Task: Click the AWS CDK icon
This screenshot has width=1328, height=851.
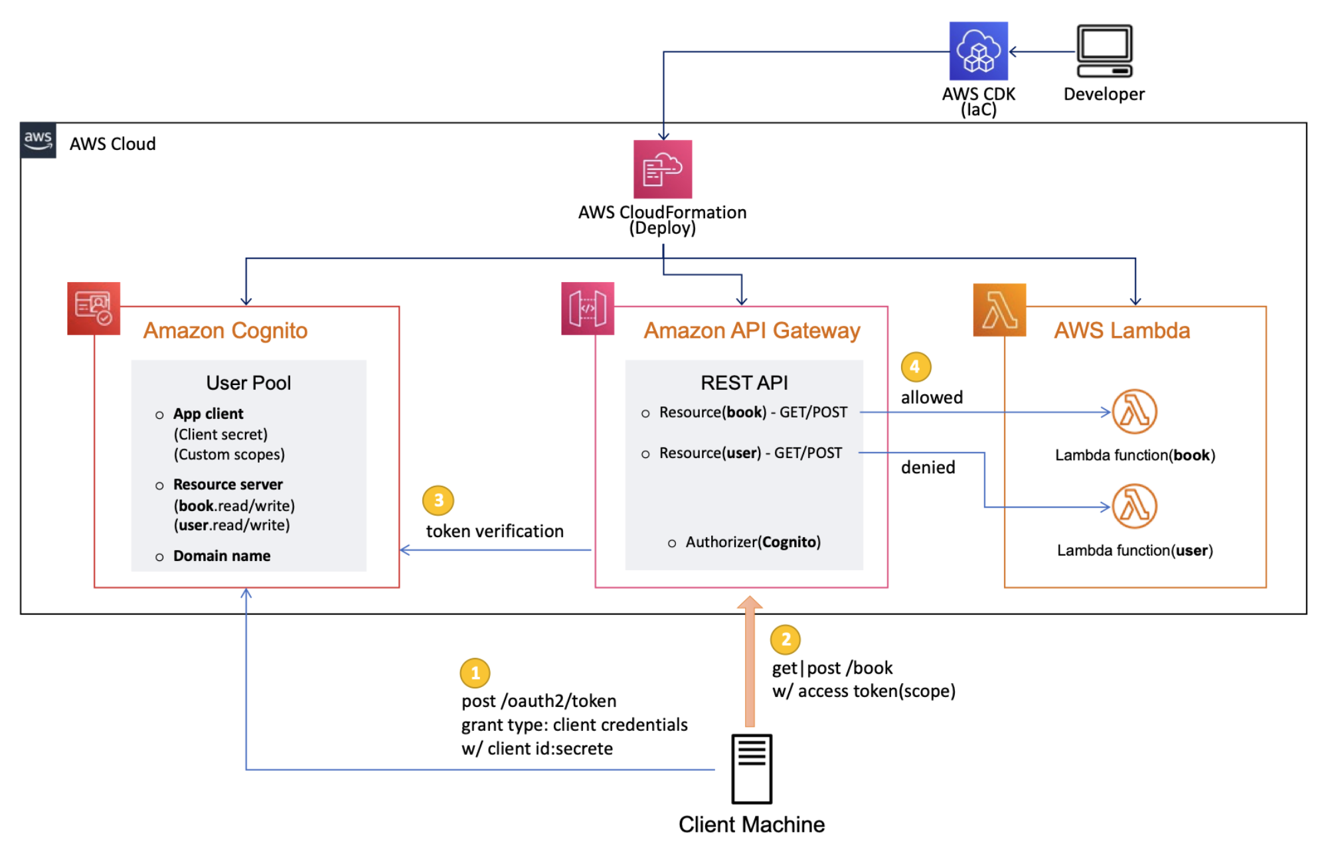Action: tap(978, 51)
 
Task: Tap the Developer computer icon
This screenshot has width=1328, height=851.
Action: tap(1104, 51)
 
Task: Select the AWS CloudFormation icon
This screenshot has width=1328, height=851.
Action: tap(662, 169)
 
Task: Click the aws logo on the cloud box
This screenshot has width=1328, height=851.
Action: tap(38, 140)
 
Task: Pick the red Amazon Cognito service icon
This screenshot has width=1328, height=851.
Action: tap(94, 309)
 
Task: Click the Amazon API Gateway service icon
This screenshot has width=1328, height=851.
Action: tap(587, 309)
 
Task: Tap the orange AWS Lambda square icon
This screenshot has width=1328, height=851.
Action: tap(999, 310)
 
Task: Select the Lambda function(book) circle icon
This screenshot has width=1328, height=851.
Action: tap(1134, 412)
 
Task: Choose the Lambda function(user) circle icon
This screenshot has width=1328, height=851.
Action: tap(1134, 506)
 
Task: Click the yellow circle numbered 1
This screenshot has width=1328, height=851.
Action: tap(475, 673)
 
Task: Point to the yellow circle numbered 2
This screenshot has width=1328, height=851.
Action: tap(785, 639)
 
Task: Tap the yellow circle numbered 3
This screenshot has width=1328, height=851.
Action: tap(438, 501)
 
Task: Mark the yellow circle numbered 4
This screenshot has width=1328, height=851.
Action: tap(915, 366)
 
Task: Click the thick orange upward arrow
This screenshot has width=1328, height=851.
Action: tap(750, 664)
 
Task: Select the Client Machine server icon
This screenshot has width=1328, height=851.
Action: tap(751, 769)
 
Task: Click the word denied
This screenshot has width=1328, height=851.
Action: tap(928, 467)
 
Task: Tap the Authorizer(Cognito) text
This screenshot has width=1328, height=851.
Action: tap(752, 542)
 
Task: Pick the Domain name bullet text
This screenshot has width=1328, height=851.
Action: tap(221, 556)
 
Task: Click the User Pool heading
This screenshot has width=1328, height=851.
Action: tap(248, 383)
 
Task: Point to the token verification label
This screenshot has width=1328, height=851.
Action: tap(495, 531)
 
